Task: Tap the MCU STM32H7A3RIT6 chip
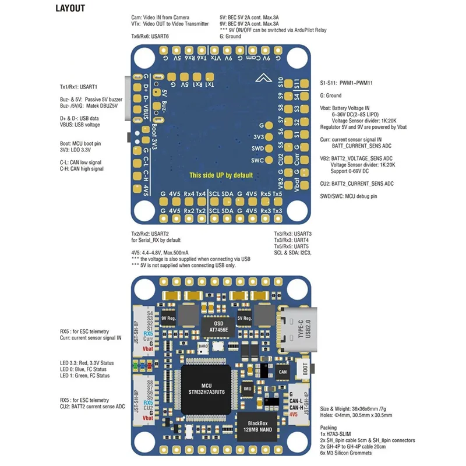tap(207, 387)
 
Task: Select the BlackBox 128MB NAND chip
tap(256, 426)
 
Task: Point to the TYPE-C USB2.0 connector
tap(301, 329)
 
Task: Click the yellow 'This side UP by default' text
tap(221, 175)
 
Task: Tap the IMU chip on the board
tap(248, 388)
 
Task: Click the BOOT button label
tap(302, 368)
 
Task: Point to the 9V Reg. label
tap(168, 319)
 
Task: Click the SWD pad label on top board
tap(257, 149)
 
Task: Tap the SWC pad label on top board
tap(257, 160)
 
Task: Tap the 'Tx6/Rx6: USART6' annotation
tap(150, 36)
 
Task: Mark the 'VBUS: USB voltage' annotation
tap(80, 125)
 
